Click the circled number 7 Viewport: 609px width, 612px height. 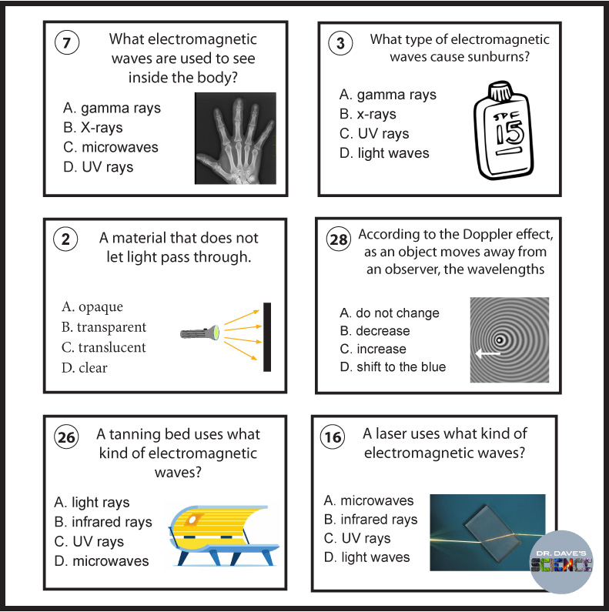[x=67, y=44]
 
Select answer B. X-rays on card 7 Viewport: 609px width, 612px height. [x=93, y=128]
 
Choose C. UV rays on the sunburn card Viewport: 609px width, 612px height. [x=374, y=134]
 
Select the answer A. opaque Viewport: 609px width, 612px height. [x=92, y=307]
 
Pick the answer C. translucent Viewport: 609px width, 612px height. [x=103, y=347]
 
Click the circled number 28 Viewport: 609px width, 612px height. [x=339, y=239]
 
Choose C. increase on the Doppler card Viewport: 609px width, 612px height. [x=373, y=349]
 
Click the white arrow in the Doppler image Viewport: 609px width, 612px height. [x=487, y=354]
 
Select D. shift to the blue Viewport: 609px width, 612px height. [x=393, y=367]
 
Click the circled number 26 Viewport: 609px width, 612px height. [x=67, y=439]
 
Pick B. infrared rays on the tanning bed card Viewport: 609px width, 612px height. [x=103, y=523]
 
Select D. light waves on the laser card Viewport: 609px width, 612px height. [x=367, y=557]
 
